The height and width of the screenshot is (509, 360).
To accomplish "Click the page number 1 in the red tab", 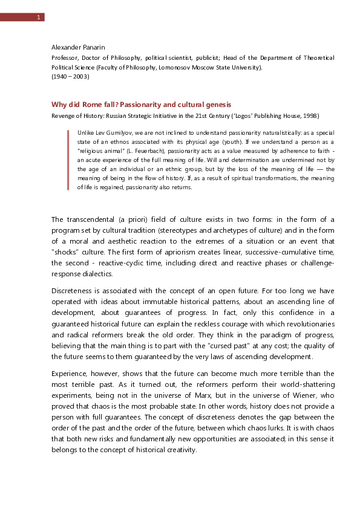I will tap(38, 17).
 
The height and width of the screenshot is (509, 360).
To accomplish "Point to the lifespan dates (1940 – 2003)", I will tap(70, 77).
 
